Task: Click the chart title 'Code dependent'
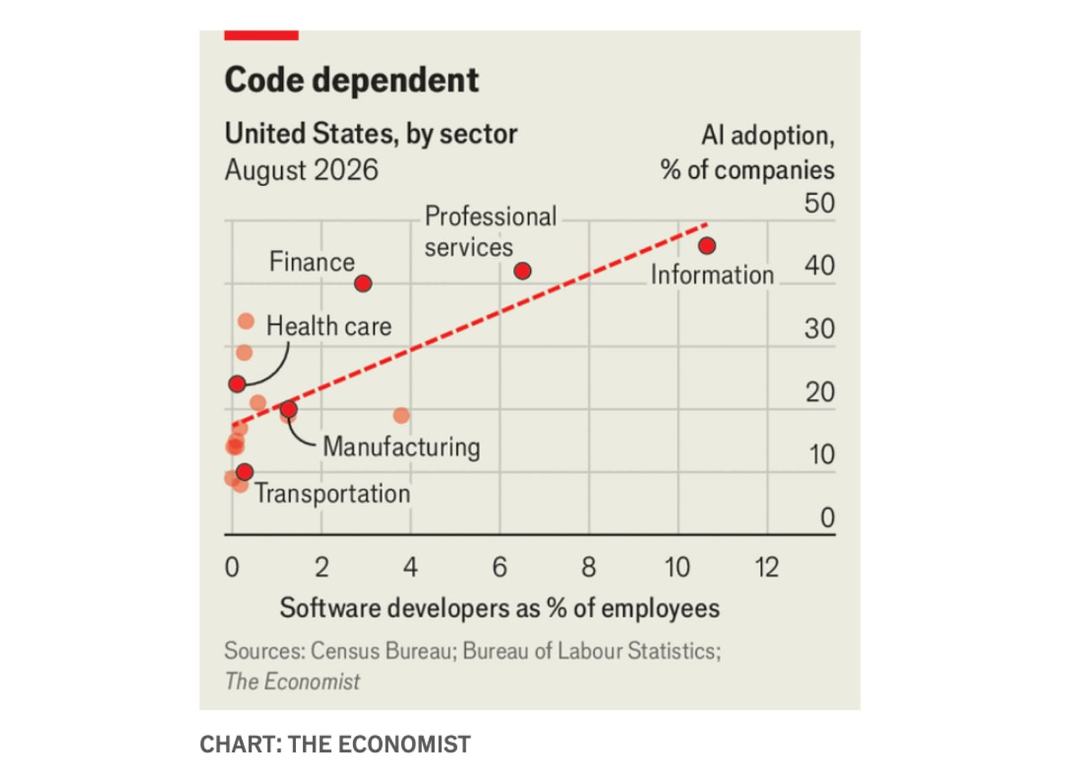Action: pyautogui.click(x=352, y=80)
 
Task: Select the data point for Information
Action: pyautogui.click(x=707, y=246)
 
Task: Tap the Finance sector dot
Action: pyautogui.click(x=362, y=283)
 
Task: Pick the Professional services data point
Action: pyautogui.click(x=523, y=271)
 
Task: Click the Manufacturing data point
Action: pyautogui.click(x=288, y=409)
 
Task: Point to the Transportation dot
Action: pyautogui.click(x=245, y=472)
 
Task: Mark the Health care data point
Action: pyautogui.click(x=237, y=384)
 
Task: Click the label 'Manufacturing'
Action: pyautogui.click(x=402, y=446)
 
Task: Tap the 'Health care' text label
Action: pyautogui.click(x=329, y=326)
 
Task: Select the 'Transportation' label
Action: pyautogui.click(x=332, y=494)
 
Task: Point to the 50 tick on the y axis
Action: pyautogui.click(x=819, y=203)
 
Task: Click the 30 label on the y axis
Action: pyautogui.click(x=819, y=329)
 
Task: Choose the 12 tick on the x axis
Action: pyautogui.click(x=767, y=567)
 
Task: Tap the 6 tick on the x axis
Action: pyautogui.click(x=500, y=567)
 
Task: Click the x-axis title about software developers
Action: pyautogui.click(x=500, y=608)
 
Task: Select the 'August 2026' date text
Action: pyautogui.click(x=302, y=170)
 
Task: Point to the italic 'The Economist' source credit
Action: pyautogui.click(x=292, y=682)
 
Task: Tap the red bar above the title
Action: pyautogui.click(x=261, y=35)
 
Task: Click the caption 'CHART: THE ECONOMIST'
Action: pyautogui.click(x=335, y=744)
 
